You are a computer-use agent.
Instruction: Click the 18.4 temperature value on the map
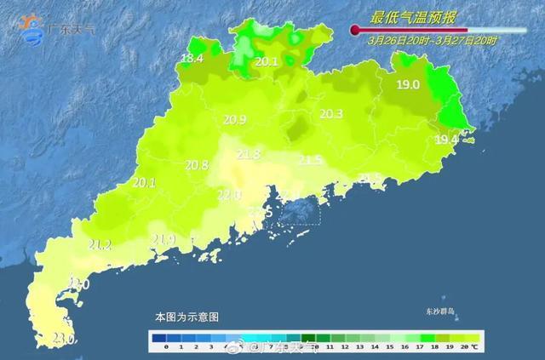192,58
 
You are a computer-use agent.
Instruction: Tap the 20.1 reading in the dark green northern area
267,61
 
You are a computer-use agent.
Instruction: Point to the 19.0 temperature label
408,84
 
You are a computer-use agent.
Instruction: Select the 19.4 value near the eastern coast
446,139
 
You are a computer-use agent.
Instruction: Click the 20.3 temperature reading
330,114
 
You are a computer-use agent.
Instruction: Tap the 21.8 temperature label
249,154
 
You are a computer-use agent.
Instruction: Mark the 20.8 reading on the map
197,165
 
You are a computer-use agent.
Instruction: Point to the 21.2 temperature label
100,245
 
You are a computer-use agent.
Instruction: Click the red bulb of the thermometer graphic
355,30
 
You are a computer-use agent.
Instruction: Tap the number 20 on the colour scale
462,347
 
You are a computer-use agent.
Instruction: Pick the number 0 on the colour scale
165,347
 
